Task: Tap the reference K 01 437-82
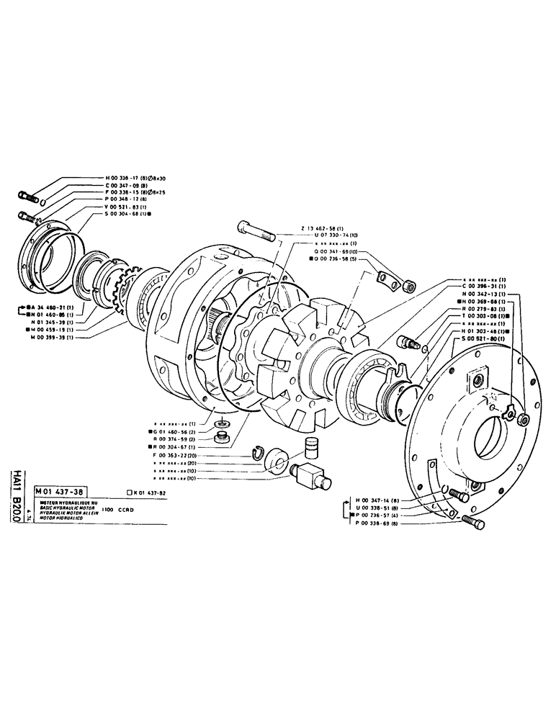tap(148, 492)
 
